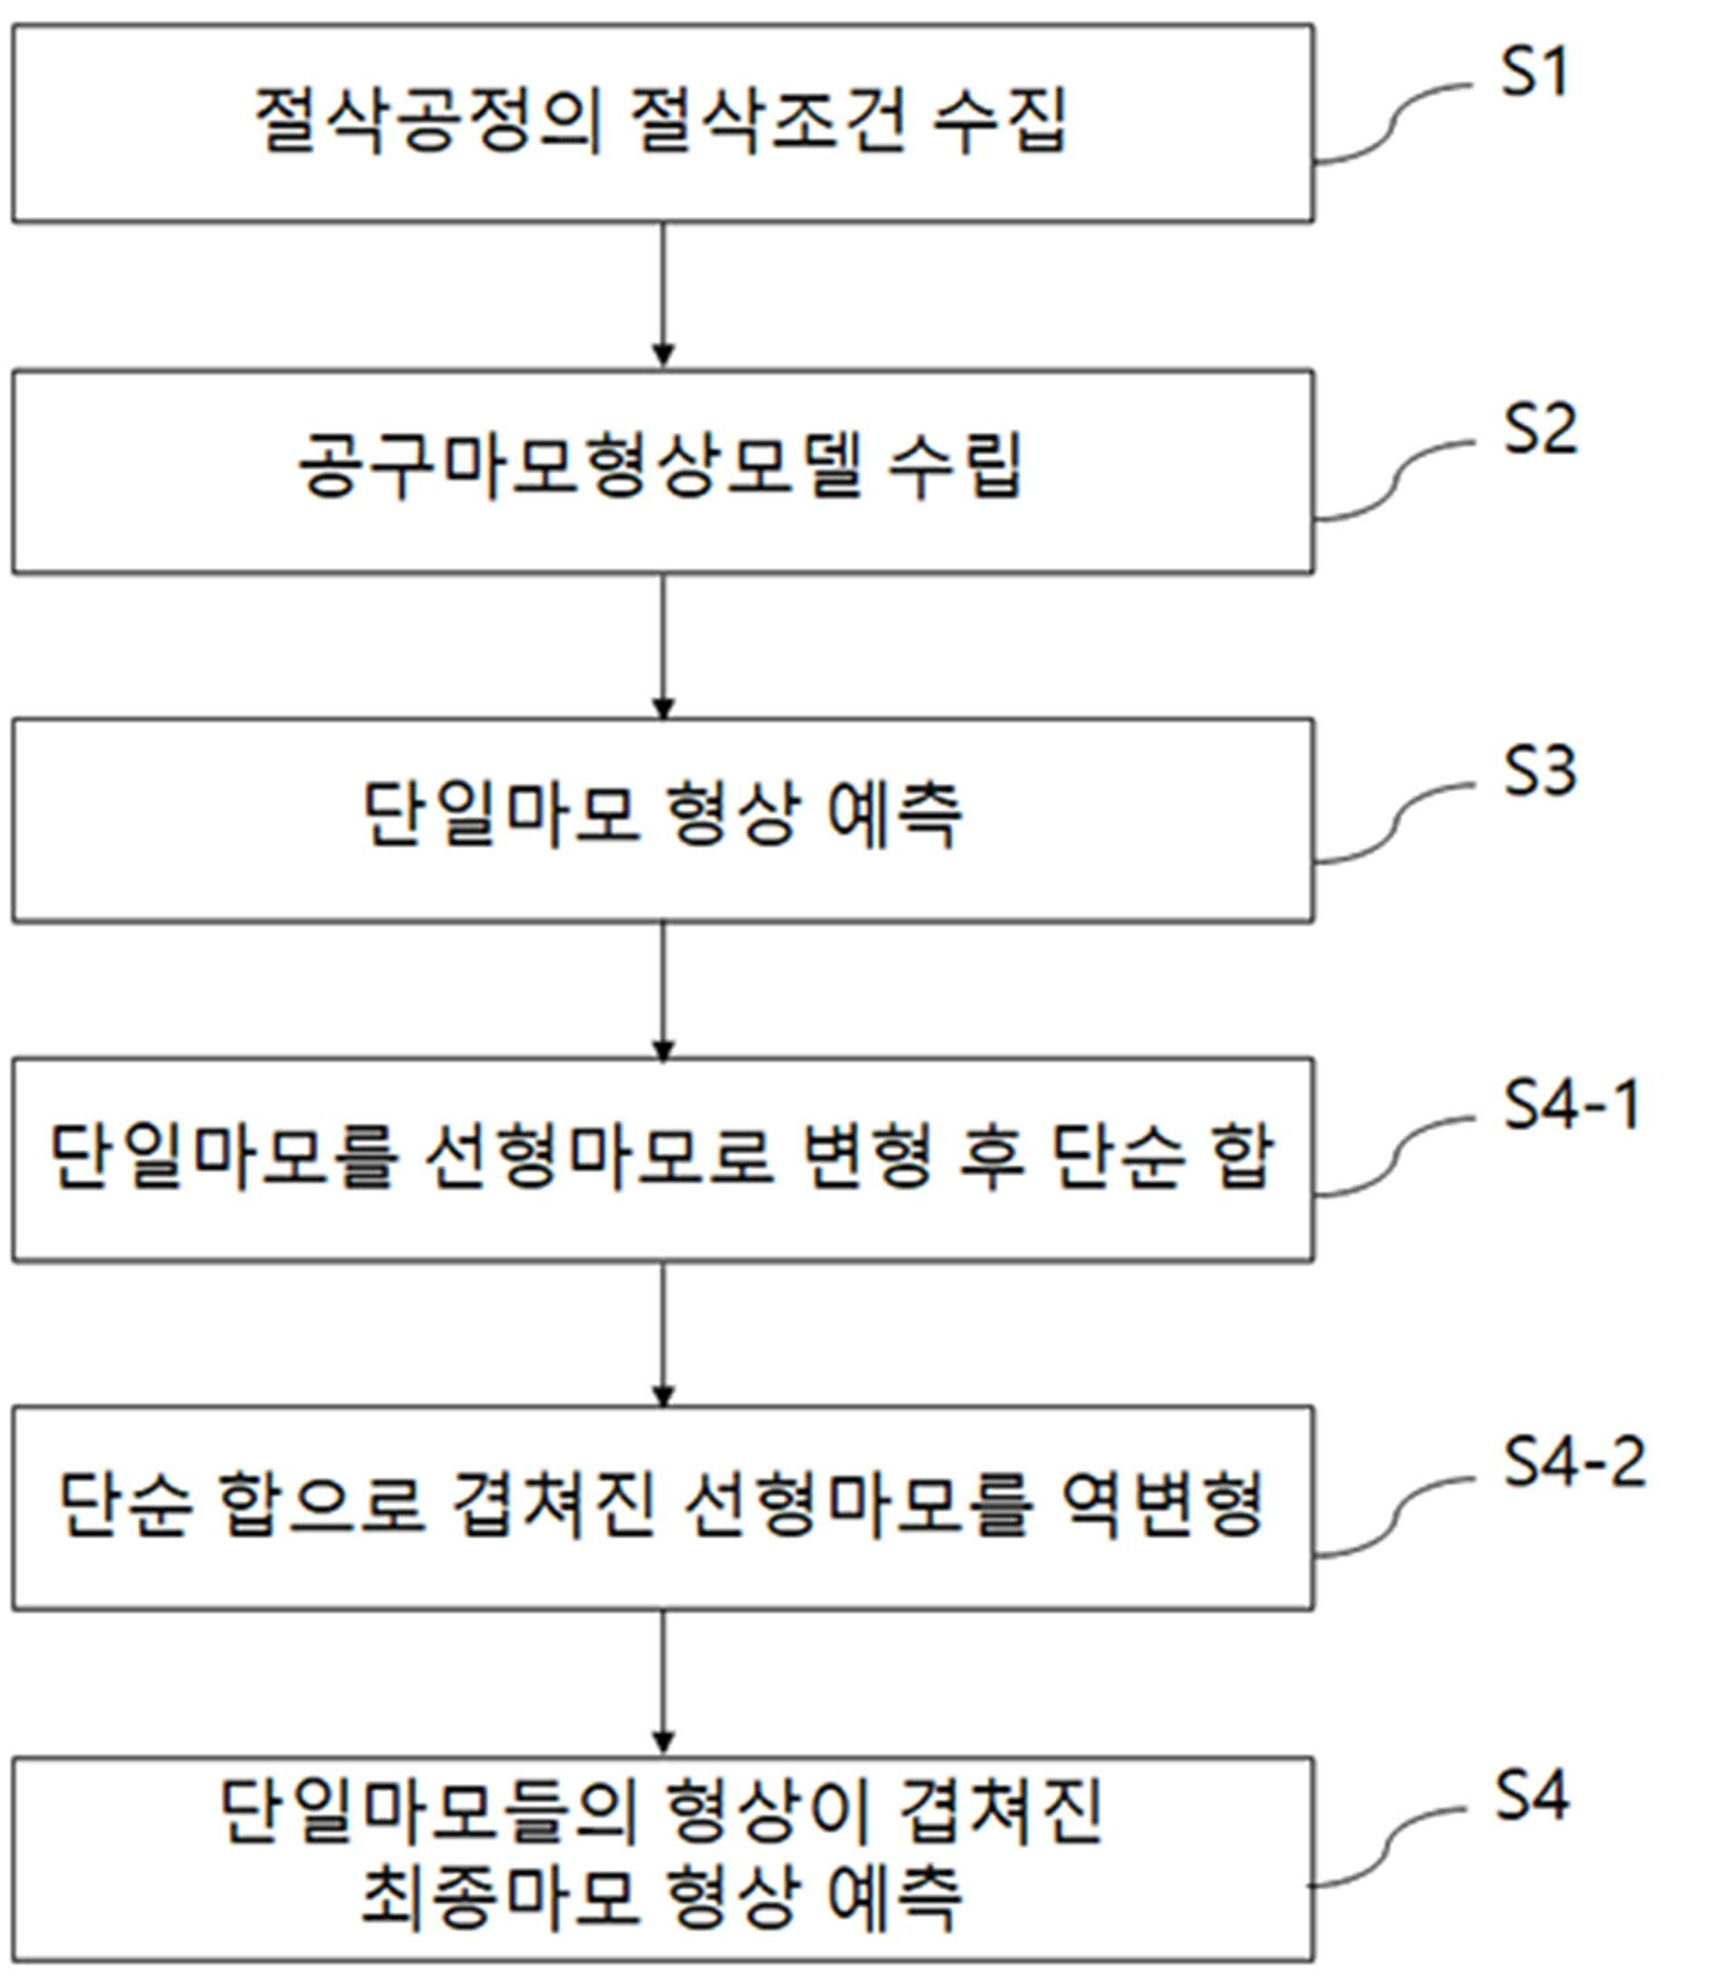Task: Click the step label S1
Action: [1534, 71]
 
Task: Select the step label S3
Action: [1539, 771]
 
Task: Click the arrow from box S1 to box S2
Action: [662, 294]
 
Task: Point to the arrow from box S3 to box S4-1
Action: [662, 991]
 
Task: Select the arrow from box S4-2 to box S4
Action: [662, 1683]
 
